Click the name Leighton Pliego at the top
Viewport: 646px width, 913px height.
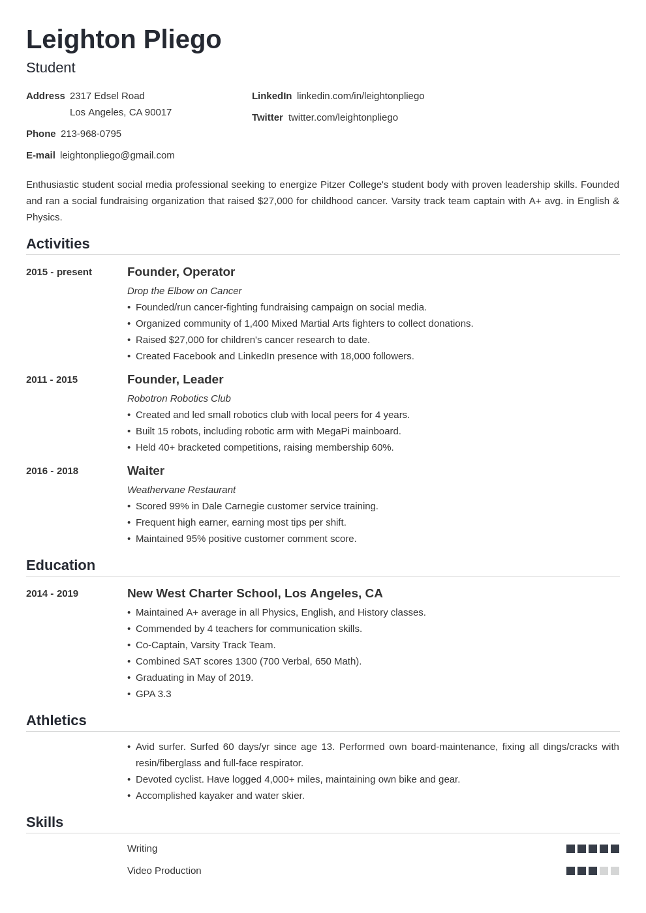(124, 40)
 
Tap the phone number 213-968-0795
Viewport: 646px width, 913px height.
(91, 134)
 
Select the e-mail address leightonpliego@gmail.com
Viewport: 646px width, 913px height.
(117, 155)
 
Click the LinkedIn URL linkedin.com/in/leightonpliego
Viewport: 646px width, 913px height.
(360, 96)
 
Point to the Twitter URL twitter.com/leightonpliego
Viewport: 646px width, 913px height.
(343, 117)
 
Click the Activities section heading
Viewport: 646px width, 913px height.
(58, 244)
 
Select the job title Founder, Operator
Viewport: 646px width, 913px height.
(181, 272)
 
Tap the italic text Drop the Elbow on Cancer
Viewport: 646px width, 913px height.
(184, 291)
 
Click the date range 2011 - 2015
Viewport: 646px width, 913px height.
(52, 380)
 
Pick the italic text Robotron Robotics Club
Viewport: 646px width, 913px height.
(179, 398)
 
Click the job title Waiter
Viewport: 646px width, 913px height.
(146, 471)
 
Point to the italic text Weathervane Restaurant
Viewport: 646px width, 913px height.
(181, 490)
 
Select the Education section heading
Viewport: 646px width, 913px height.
(61, 565)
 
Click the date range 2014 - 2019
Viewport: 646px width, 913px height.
(52, 593)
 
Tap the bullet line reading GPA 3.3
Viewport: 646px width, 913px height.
(153, 694)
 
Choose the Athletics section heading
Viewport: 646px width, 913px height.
(56, 721)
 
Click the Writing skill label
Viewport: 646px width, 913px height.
(142, 848)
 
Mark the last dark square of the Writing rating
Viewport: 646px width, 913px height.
(615, 848)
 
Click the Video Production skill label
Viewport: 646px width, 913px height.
(164, 871)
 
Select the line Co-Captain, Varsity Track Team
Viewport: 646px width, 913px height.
(206, 645)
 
